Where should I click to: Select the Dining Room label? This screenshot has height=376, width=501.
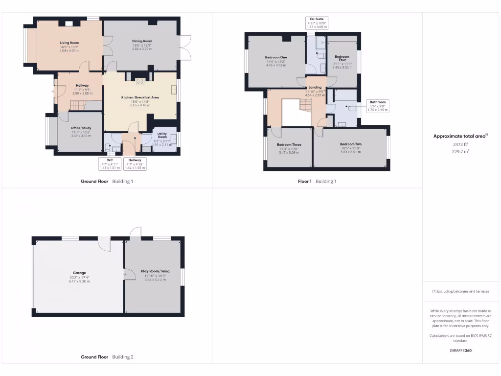click(142, 41)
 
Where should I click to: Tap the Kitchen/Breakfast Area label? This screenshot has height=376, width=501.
click(140, 97)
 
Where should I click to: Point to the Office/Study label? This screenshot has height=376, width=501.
click(81, 128)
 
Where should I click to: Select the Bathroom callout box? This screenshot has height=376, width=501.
click(377, 106)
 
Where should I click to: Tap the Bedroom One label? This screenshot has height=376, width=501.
click(276, 57)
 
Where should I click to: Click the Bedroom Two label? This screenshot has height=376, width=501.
click(350, 144)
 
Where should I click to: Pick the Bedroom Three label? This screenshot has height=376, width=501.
click(289, 145)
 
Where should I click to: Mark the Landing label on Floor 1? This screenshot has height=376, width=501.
click(315, 88)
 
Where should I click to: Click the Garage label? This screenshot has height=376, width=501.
click(80, 273)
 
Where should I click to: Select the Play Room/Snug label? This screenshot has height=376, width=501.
click(153, 271)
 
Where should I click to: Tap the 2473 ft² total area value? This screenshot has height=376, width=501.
click(460, 144)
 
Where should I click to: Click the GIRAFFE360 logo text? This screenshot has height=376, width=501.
click(460, 351)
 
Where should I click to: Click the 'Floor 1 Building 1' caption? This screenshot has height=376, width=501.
click(317, 181)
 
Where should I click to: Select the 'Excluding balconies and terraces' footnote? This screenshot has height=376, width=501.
click(460, 291)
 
